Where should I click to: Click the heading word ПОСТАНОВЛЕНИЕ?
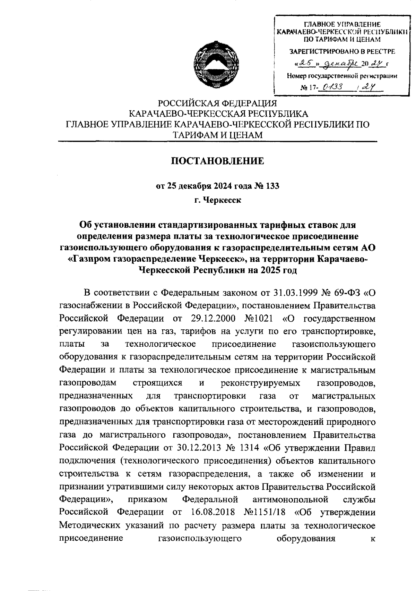tap(218, 161)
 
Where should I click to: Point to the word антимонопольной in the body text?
tap(291, 499)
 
